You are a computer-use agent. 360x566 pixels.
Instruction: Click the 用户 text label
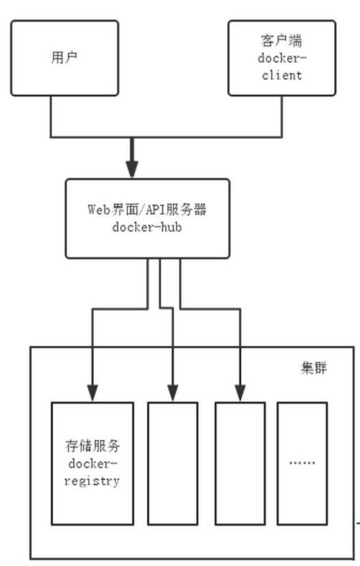click(64, 57)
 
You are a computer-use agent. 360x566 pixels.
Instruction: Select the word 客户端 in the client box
click(282, 40)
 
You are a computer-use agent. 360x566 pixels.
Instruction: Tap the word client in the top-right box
click(282, 75)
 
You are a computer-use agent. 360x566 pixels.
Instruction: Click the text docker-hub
click(147, 227)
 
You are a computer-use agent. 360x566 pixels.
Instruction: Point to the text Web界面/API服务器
click(147, 209)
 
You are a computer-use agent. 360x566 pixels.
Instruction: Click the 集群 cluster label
click(314, 368)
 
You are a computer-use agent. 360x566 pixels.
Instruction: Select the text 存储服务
click(93, 446)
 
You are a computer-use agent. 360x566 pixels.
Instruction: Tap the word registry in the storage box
click(92, 481)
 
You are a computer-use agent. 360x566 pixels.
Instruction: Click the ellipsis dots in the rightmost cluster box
click(302, 462)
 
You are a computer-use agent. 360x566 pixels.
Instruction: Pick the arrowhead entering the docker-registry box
click(93, 393)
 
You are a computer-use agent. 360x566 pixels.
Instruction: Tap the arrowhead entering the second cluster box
click(173, 393)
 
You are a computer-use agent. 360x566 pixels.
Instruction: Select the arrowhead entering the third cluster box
click(241, 393)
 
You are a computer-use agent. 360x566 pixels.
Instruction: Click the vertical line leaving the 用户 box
click(51, 116)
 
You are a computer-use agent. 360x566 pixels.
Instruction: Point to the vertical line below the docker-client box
click(282, 116)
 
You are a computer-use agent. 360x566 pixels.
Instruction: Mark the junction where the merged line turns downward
click(132, 137)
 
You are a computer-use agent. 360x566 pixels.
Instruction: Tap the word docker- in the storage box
click(93, 464)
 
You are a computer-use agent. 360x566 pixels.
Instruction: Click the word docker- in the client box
click(282, 58)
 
